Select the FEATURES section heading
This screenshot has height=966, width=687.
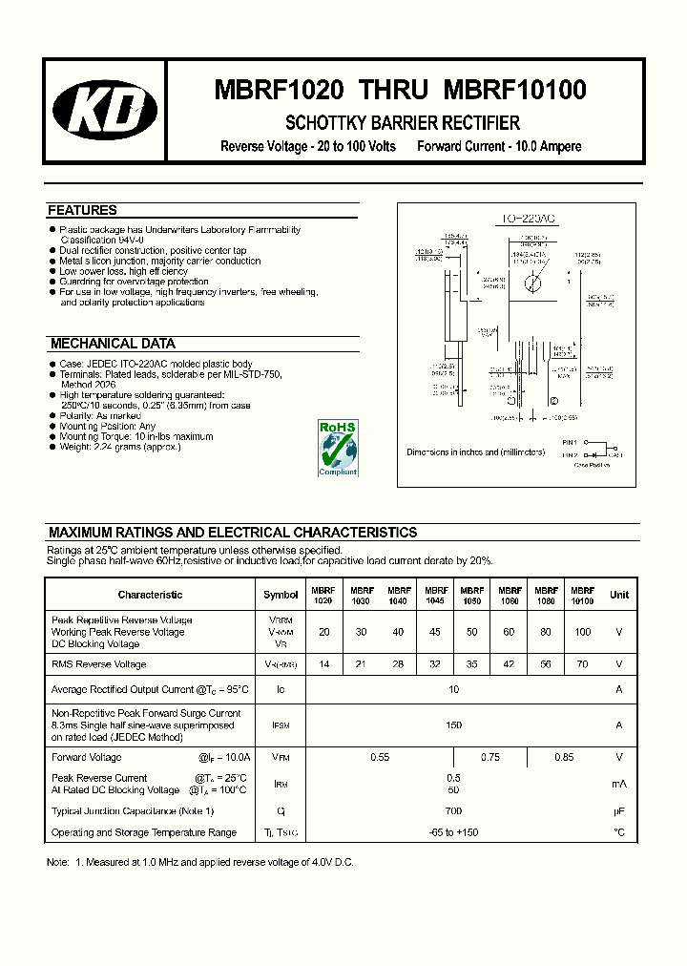point(83,210)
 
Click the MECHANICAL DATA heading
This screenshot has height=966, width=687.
point(113,344)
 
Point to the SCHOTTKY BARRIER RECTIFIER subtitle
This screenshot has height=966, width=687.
point(403,123)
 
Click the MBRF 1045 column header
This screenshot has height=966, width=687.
point(436,596)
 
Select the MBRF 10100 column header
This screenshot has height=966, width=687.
point(582,596)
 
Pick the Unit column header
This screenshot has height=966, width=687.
point(619,595)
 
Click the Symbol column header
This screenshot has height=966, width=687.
point(281,595)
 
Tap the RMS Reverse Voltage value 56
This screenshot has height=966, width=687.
point(546,664)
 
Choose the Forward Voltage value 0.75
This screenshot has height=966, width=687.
point(490,757)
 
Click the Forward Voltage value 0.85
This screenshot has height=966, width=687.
point(564,757)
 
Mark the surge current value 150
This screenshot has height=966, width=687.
point(453,725)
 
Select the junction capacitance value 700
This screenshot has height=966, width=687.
point(453,810)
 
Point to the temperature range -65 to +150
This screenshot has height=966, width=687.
point(453,832)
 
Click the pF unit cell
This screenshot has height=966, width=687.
point(619,810)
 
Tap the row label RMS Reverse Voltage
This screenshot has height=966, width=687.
point(99,664)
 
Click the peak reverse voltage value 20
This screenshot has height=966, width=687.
point(324,632)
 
